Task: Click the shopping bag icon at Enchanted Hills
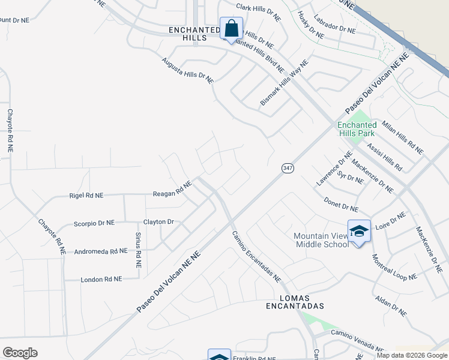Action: tap(231, 28)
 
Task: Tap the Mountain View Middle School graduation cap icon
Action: tap(359, 232)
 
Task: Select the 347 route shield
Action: tap(288, 169)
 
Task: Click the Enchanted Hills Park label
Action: tap(358, 129)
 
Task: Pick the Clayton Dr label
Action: tap(158, 222)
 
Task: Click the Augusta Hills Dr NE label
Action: tap(187, 70)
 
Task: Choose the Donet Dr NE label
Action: tap(341, 205)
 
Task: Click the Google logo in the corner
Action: tap(20, 353)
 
